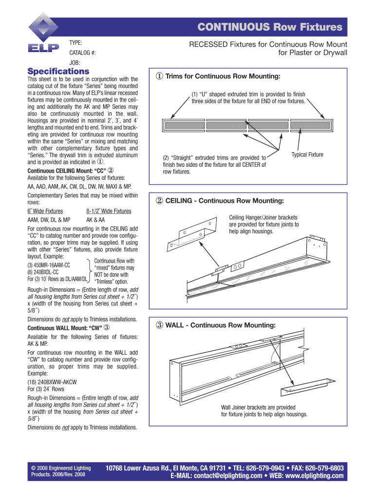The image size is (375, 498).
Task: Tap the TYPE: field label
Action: [75, 42]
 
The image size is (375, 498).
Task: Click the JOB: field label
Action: [75, 63]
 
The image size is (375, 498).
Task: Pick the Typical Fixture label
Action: [307, 155]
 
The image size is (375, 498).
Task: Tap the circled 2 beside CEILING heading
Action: [159, 200]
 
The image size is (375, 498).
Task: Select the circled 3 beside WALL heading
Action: [159, 324]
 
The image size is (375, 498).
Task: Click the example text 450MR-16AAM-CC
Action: [49, 265]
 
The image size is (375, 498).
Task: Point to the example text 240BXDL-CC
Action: [44, 272]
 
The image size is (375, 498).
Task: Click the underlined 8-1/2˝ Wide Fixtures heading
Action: [108, 211]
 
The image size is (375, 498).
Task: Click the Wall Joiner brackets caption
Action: [258, 407]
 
